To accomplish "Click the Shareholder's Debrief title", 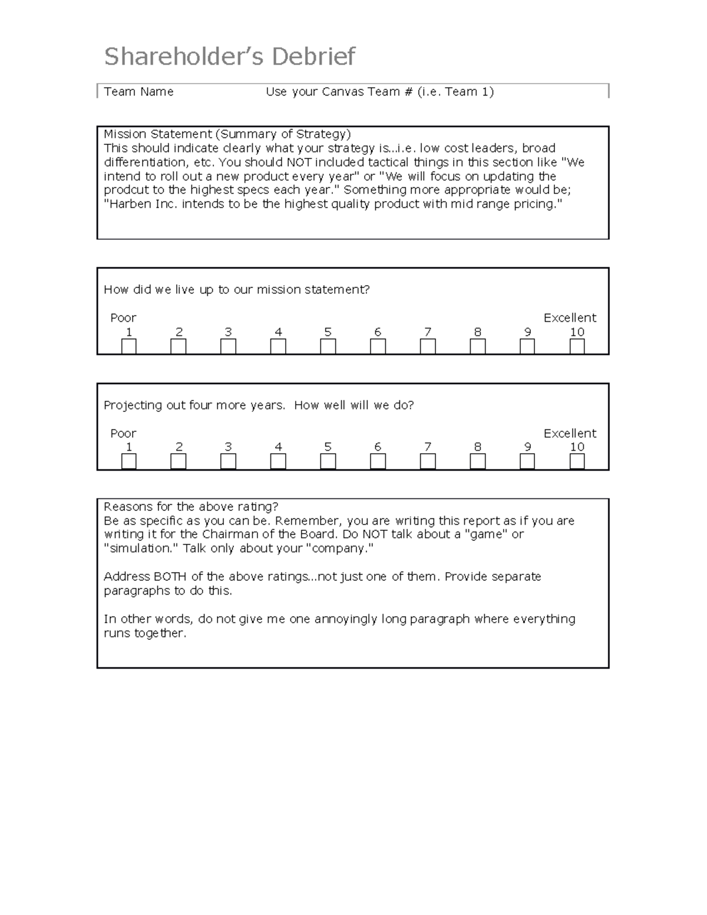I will coord(229,57).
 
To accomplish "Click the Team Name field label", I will coord(138,92).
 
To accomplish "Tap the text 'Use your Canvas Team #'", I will coord(338,92).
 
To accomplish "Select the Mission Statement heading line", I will coord(227,134).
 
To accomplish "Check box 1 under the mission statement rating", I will coord(129,346).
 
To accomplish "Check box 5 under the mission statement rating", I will coord(328,346).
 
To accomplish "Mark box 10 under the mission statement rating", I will coord(577,346).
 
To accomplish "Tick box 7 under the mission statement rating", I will coord(428,346).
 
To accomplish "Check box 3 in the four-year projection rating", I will coord(228,461).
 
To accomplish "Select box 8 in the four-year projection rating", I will coord(478,461).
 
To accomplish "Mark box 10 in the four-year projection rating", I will coord(577,461).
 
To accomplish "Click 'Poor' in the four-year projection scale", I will coord(123,434).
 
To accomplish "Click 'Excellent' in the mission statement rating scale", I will coord(570,318).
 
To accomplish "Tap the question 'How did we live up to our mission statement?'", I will coord(237,290).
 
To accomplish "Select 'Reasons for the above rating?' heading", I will coord(191,507).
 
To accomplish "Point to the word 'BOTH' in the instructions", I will coord(170,577).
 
